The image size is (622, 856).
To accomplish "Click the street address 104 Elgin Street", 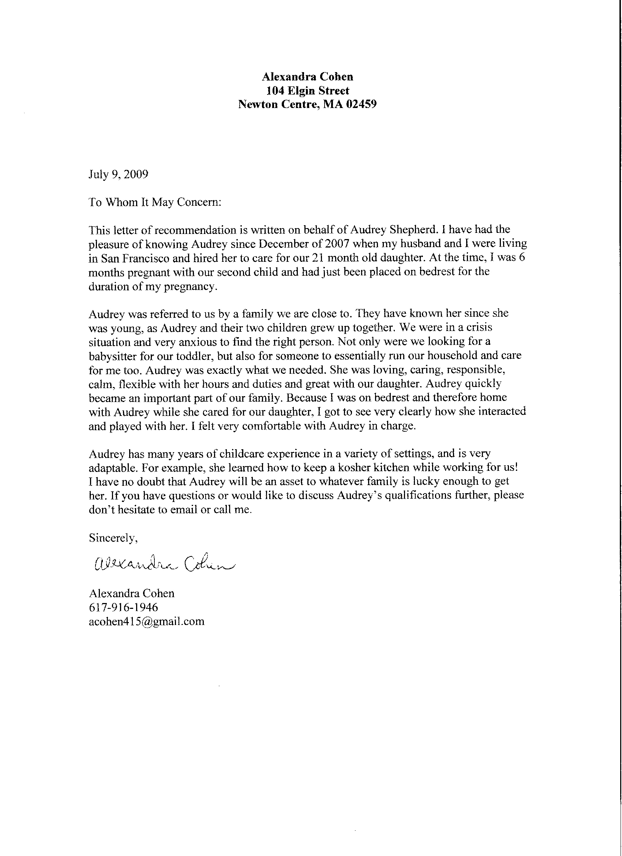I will [x=307, y=90].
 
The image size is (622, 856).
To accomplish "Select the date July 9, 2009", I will [x=119, y=174].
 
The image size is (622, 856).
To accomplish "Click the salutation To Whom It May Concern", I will [x=155, y=202].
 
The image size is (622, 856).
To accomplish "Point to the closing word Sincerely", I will [x=113, y=538].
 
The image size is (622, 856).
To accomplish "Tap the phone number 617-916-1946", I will [x=123, y=607].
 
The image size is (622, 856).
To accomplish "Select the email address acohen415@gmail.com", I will [x=147, y=621].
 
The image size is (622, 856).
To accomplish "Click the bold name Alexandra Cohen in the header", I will [x=307, y=77].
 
